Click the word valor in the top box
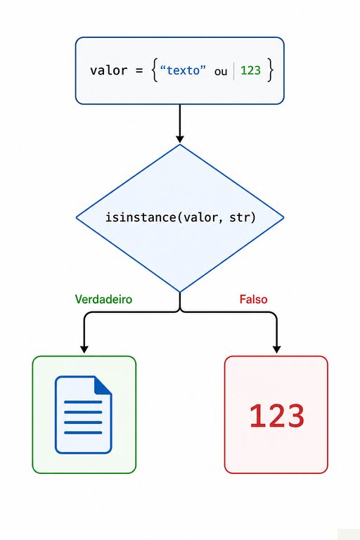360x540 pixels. pyautogui.click(x=108, y=70)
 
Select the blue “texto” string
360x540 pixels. pyautogui.click(x=183, y=70)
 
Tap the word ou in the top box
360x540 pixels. pyautogui.click(x=221, y=72)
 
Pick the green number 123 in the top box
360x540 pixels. pyautogui.click(x=250, y=70)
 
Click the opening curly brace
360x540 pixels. pyautogui.click(x=155, y=70)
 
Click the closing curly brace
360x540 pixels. pyautogui.click(x=270, y=70)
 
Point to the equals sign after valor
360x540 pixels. pyautogui.click(x=139, y=71)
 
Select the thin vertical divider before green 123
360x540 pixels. pyautogui.click(x=234, y=71)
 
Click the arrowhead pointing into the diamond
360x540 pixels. pyautogui.click(x=180, y=139)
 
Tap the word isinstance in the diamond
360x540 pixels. pyautogui.click(x=141, y=217)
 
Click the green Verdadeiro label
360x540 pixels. pyautogui.click(x=103, y=299)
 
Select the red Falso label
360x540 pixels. pyautogui.click(x=254, y=299)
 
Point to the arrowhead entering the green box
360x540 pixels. pyautogui.click(x=84, y=349)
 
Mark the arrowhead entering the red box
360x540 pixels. pyautogui.click(x=276, y=349)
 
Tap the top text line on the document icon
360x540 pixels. pyautogui.click(x=83, y=402)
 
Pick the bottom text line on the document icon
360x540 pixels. pyautogui.click(x=83, y=432)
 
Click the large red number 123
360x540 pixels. pyautogui.click(x=276, y=416)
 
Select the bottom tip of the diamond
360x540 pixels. pyautogui.click(x=180, y=292)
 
